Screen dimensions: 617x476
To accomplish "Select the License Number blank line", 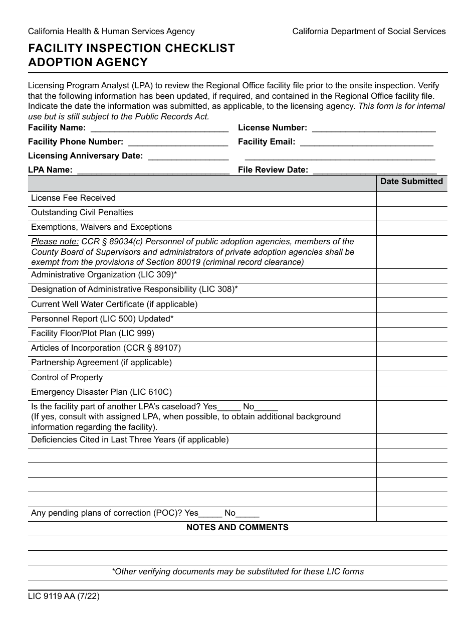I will pyautogui.click(x=373, y=128).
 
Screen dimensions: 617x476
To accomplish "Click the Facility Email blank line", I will pyautogui.click(x=366, y=142).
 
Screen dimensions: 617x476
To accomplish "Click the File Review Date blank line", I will pyautogui.click(x=374, y=171).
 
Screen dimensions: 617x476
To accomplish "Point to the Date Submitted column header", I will pyautogui.click(x=411, y=182).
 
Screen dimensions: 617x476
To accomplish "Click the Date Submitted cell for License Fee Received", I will pyautogui.click(x=411, y=199).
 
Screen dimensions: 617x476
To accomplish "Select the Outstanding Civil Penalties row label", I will pyautogui.click(x=82, y=213).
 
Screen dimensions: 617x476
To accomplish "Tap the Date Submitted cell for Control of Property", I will pyautogui.click(x=411, y=378).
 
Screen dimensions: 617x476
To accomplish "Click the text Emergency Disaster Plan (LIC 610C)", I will pyautogui.click(x=101, y=392).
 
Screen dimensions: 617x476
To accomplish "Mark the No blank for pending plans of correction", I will pyautogui.click(x=248, y=514).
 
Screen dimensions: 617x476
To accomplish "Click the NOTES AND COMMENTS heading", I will pyautogui.click(x=237, y=528).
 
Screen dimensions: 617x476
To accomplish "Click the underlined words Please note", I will pyautogui.click(x=55, y=242).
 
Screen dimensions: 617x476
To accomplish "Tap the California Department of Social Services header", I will pyautogui.click(x=369, y=32).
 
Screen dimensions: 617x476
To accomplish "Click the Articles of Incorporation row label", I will pyautogui.click(x=106, y=348).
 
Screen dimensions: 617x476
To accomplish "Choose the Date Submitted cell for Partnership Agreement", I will pyautogui.click(x=411, y=363).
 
